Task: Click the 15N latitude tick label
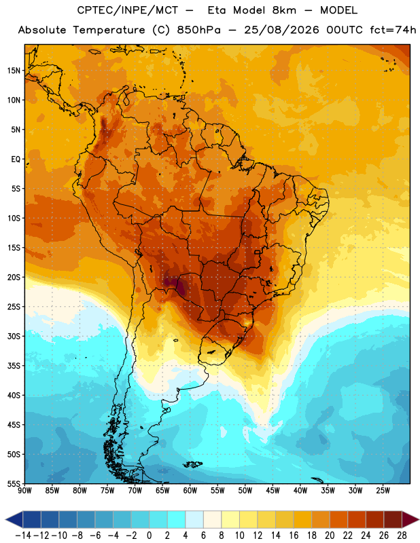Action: pos(14,71)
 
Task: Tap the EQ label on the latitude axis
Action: pos(16,160)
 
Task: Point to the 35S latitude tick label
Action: pos(14,366)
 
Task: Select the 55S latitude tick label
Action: pos(14,483)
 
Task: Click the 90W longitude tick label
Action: pos(24,491)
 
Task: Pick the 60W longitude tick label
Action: pos(190,491)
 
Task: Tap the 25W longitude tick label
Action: pos(383,491)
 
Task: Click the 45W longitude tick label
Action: pos(273,491)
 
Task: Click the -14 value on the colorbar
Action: pos(23,536)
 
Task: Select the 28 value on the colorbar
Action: pos(402,536)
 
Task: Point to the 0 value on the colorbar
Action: pos(149,536)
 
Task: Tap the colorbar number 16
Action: pos(294,536)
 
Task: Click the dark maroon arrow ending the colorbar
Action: pos(410,519)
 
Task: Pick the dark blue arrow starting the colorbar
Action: pos(14,519)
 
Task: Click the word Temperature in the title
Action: pos(109,30)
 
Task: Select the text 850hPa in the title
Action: pos(198,30)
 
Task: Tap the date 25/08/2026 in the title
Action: pos(281,30)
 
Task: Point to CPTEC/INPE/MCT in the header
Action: pos(127,10)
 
